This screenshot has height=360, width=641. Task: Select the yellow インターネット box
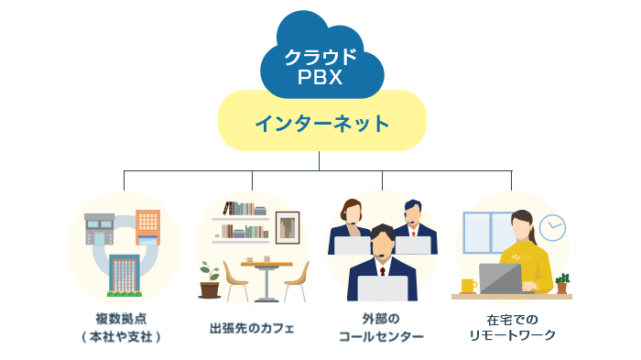321,122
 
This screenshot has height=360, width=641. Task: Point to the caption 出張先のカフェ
252,327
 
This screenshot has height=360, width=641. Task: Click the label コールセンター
381,336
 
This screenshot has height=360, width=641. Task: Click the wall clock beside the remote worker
551,227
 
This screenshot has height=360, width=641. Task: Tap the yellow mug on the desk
468,285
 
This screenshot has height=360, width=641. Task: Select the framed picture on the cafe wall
288,227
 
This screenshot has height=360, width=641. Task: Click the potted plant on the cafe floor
210,280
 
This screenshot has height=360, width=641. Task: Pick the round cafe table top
266,264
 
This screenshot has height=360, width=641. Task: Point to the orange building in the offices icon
147,224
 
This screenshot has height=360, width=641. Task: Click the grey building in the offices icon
98,229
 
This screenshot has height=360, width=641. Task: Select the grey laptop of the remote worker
501,278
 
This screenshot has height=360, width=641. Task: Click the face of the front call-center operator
382,244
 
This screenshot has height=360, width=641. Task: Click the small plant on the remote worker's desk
561,282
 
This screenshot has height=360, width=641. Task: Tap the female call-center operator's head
352,213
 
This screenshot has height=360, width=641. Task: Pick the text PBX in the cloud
320,78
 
